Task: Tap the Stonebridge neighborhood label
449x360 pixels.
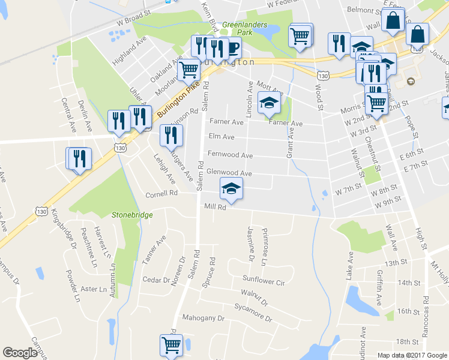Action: [132, 214]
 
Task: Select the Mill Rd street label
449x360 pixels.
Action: [214, 208]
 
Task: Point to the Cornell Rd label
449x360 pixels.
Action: [162, 194]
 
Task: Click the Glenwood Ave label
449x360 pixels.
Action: [229, 173]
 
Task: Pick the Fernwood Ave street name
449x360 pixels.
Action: [230, 154]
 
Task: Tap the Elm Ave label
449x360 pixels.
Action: [220, 137]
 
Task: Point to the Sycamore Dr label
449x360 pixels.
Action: [253, 311]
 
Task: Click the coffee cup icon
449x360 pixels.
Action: [231, 47]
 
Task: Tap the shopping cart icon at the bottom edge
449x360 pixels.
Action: [171, 346]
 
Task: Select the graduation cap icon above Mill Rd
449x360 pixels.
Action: [231, 188]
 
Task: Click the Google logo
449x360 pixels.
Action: [20, 353]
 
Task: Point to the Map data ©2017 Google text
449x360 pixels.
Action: [412, 355]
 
